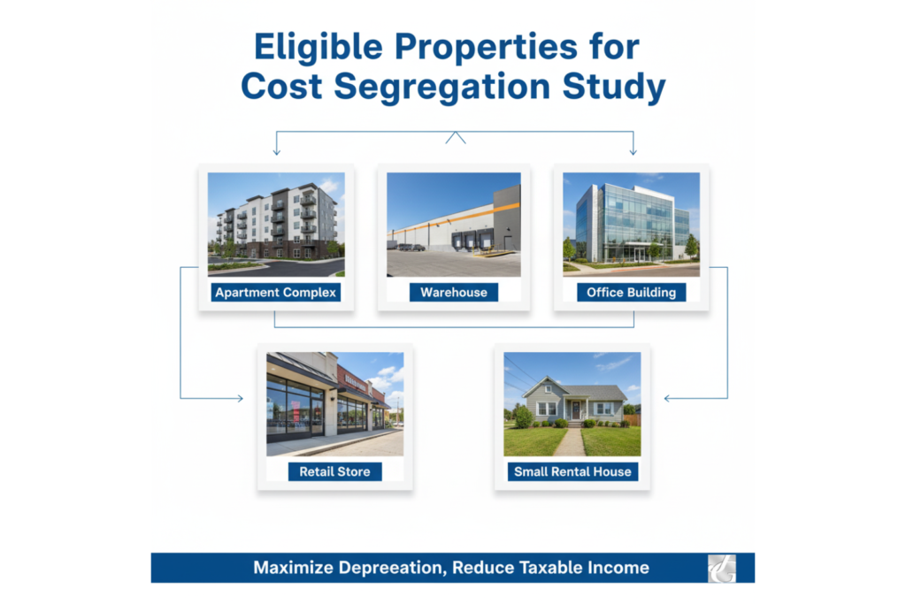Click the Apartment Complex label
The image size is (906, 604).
(276, 293)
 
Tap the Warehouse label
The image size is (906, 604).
(453, 293)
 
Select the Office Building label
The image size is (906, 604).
(631, 293)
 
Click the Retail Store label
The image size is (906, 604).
(334, 471)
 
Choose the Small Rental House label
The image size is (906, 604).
(572, 471)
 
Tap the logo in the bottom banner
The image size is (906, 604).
(721, 568)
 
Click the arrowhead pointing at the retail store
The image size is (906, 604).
(239, 399)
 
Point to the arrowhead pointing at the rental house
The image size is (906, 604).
(668, 399)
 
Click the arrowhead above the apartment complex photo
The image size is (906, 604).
(276, 152)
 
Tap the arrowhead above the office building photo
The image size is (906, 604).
(633, 152)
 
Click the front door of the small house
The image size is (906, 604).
(575, 409)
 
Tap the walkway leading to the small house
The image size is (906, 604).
(571, 441)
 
